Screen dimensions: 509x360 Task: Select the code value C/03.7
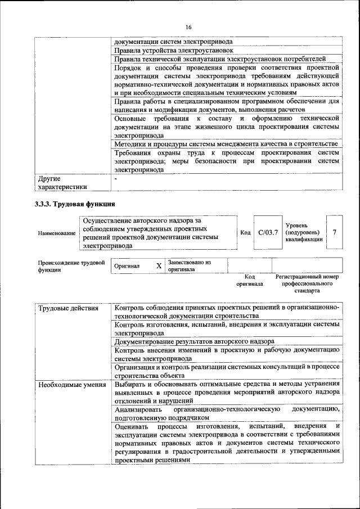[x=268, y=232]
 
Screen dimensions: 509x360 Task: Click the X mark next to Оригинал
[x=159, y=265]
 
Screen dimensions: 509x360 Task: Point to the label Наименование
[x=56, y=232]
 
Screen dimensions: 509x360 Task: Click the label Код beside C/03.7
[x=245, y=232]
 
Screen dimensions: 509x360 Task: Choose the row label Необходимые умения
[x=71, y=385]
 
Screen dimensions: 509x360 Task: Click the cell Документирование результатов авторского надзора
[x=194, y=341]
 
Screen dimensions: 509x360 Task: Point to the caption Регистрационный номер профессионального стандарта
[x=307, y=284]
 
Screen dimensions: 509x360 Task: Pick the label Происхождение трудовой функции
[x=71, y=265]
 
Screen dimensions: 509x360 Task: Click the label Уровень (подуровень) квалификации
[x=304, y=232]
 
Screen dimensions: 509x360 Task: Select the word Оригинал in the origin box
[x=127, y=266]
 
